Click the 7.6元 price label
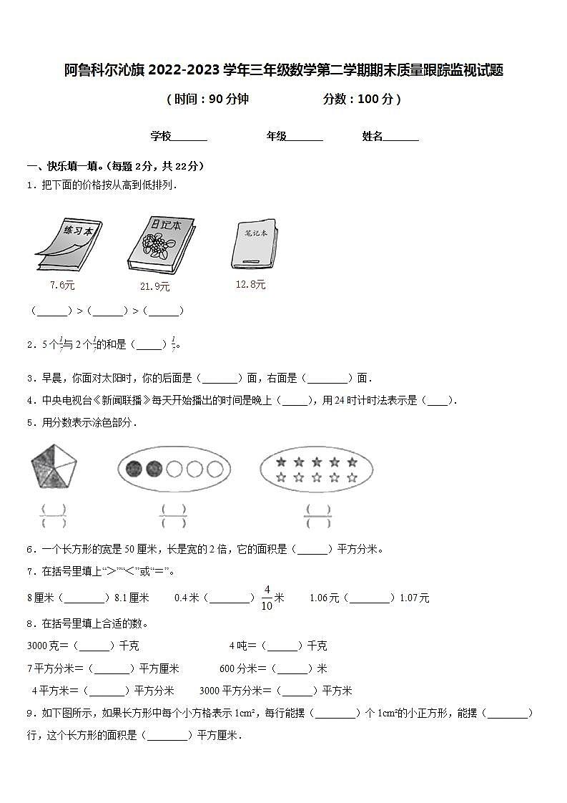pyautogui.click(x=62, y=285)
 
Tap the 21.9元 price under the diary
pyautogui.click(x=154, y=286)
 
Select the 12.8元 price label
pyautogui.click(x=250, y=284)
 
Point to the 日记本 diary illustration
pyautogui.click(x=159, y=243)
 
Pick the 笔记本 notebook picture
pyautogui.click(x=255, y=243)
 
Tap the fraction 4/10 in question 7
pyautogui.click(x=267, y=597)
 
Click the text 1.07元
pyautogui.click(x=415, y=598)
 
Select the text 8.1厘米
pyautogui.click(x=132, y=598)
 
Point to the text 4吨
pyautogui.click(x=240, y=646)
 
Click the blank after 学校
pyautogui.click(x=189, y=137)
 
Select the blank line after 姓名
pyautogui.click(x=401, y=137)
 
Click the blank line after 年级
pyautogui.click(x=305, y=137)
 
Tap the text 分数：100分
pyautogui.click(x=362, y=99)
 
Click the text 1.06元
pyautogui.click(x=324, y=598)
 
